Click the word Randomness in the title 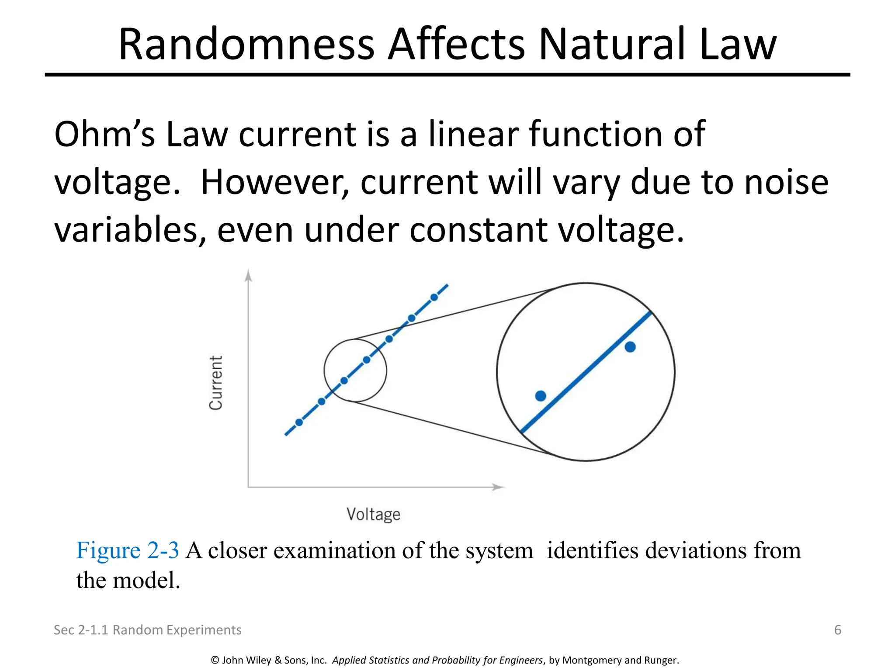click(x=246, y=45)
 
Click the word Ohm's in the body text click(x=104, y=135)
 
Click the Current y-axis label click(x=216, y=383)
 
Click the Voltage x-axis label click(x=373, y=514)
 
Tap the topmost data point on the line click(x=434, y=297)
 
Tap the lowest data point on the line click(x=299, y=422)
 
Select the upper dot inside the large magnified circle click(x=630, y=347)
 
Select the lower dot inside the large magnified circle click(x=541, y=396)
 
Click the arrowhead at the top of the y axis click(x=248, y=275)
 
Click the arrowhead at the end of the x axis click(x=498, y=487)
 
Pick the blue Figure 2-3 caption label click(x=128, y=550)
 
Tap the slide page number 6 click(x=837, y=630)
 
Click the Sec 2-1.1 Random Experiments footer click(x=147, y=630)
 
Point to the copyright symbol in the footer click(x=215, y=660)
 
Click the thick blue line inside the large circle click(x=586, y=372)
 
